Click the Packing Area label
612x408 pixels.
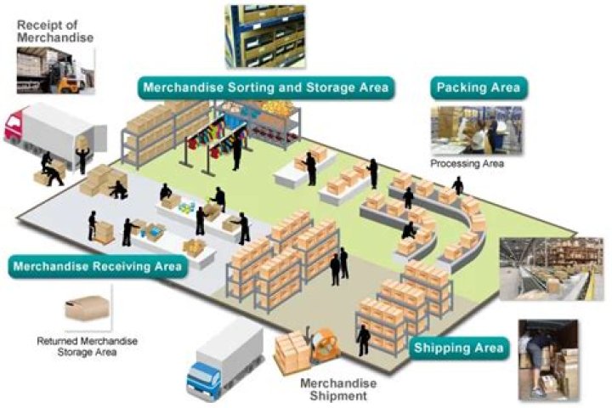pos(478,88)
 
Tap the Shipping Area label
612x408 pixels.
pos(459,348)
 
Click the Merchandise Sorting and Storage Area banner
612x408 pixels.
pos(265,88)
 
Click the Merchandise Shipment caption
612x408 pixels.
pos(339,389)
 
